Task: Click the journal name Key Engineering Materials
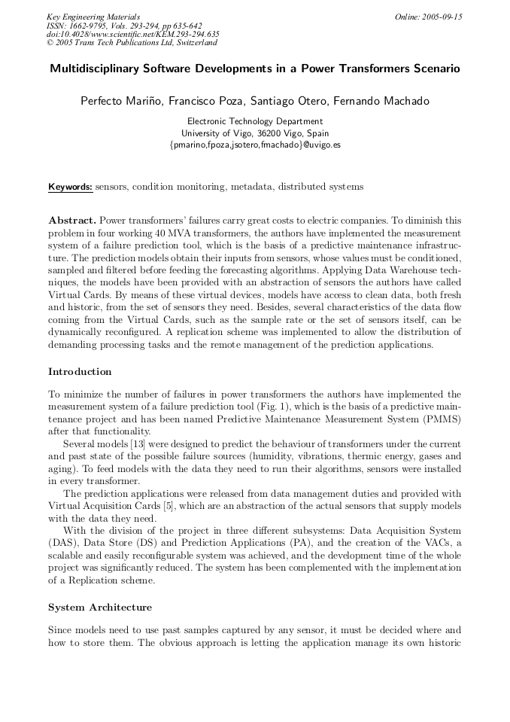(x=93, y=17)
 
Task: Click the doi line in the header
(x=133, y=34)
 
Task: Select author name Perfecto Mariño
(x=120, y=101)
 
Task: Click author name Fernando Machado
(x=389, y=101)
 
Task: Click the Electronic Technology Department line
(x=254, y=121)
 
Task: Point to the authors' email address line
(x=255, y=144)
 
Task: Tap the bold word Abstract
(x=72, y=221)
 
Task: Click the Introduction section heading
(x=80, y=372)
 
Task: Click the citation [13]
(x=138, y=444)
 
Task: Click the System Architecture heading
(x=100, y=608)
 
